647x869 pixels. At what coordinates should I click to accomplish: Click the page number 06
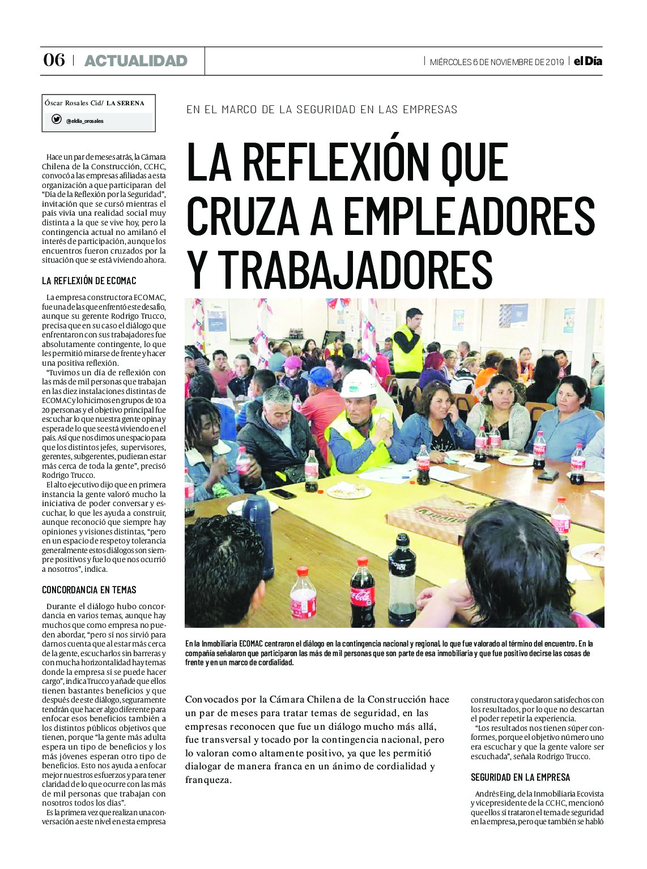pos(54,60)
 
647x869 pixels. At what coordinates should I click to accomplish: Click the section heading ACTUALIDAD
pos(135,61)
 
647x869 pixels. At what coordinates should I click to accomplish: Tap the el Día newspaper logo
pos(588,61)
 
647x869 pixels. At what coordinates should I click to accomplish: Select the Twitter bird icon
pos(56,119)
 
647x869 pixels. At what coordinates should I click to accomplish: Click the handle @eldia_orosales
pos(84,121)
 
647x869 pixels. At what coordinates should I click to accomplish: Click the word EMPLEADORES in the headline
pos(469,217)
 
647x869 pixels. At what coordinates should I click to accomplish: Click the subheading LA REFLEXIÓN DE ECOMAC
pos(89,281)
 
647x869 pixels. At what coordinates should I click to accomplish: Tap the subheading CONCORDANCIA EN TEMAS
pos(89,590)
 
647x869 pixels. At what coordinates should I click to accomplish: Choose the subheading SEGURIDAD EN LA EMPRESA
pos(520,777)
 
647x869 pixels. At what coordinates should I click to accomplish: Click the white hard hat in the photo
pos(359,383)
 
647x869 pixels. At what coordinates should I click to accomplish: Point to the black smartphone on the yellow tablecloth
pos(282,493)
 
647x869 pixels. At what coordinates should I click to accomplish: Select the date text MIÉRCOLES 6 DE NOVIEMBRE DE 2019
pos(496,62)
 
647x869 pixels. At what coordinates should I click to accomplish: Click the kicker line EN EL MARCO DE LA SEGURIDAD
pos(321,109)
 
